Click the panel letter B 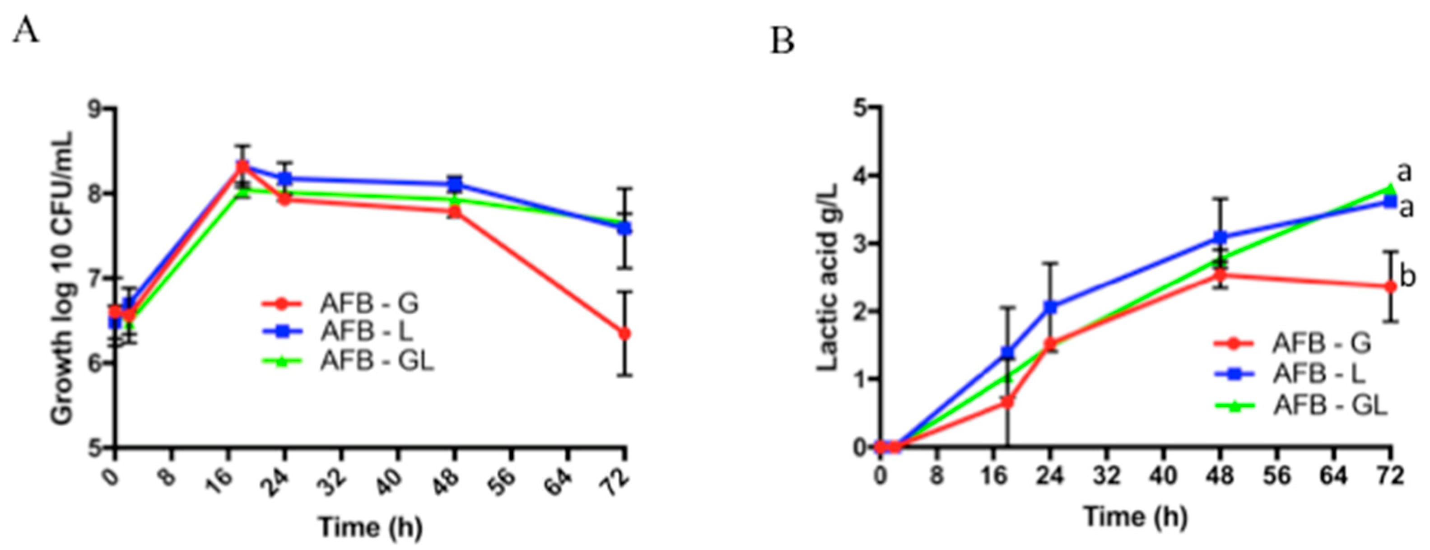click(x=782, y=42)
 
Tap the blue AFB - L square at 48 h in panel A click(x=455, y=185)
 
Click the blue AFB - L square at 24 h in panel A click(x=285, y=179)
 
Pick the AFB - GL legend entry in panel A click(x=348, y=361)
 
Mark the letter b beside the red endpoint click(x=1407, y=277)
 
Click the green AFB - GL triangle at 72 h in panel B click(x=1390, y=190)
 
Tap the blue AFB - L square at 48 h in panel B click(x=1220, y=238)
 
